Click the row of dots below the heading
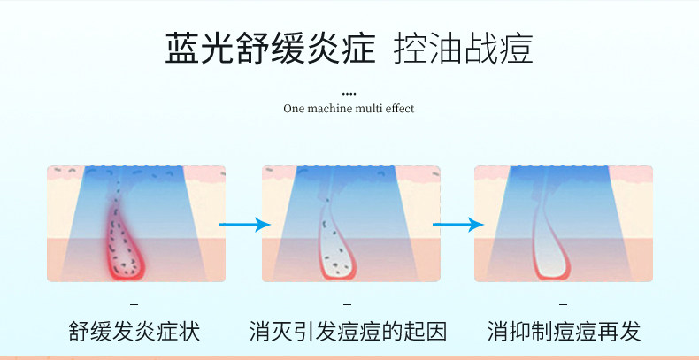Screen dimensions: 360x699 (x=349, y=93)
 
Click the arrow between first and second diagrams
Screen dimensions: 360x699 (x=243, y=225)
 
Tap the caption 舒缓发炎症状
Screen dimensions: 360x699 (x=134, y=333)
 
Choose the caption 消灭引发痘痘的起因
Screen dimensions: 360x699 (x=349, y=333)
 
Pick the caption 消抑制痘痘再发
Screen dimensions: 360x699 (x=564, y=333)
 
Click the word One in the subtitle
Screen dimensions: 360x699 (x=293, y=109)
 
